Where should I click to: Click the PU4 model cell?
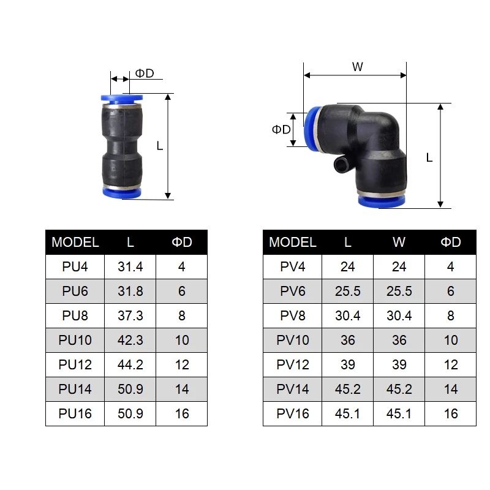coord(75,266)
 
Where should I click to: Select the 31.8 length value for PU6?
coord(130,291)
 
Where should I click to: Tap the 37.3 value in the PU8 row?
coord(130,315)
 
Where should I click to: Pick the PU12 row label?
coord(75,364)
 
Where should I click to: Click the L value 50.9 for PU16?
coord(130,413)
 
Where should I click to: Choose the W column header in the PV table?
coord(399,242)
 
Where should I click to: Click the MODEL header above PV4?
coord(293,242)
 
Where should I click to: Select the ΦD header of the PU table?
coord(181,242)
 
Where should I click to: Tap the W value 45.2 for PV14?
coord(399,389)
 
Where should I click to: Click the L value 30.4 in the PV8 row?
coord(347,315)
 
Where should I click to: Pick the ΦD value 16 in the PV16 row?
coord(451,413)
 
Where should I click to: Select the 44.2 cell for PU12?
coord(130,364)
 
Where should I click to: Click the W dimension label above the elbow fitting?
coord(357,67)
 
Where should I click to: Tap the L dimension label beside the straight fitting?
coord(160,146)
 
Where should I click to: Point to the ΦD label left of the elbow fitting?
coord(281,129)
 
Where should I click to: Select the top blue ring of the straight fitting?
coord(120,98)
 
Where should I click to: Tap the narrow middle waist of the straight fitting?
coord(120,147)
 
